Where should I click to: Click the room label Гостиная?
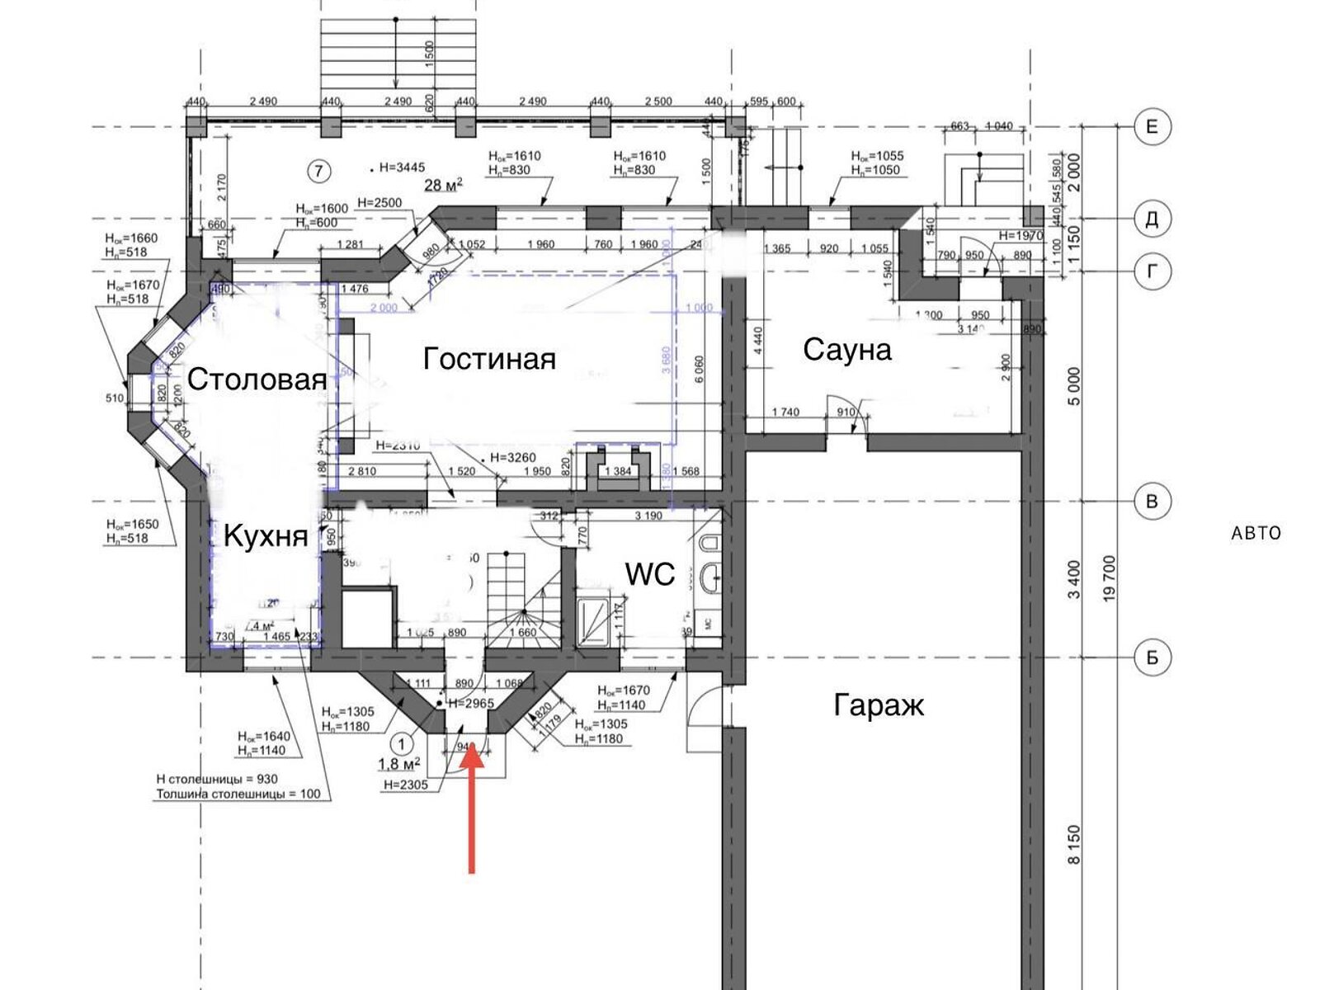coord(489,359)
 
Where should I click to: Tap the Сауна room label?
coord(847,350)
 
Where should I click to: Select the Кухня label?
coord(266,536)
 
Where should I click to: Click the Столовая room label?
coord(257,379)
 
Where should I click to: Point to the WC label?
coord(650,574)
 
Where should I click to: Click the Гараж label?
coord(879,705)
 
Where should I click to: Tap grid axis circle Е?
coord(1152,127)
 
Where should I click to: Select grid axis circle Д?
coord(1152,219)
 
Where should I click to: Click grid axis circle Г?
coord(1152,271)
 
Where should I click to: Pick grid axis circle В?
coord(1152,501)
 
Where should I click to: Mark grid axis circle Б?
coord(1152,658)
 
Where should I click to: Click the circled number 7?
coord(318,171)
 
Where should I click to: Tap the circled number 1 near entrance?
coord(402,742)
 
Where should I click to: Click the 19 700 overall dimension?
coord(1109,577)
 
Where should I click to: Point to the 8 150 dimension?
coord(1073,846)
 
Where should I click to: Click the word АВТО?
coord(1256,533)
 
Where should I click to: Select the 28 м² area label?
coord(443,185)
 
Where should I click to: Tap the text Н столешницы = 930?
coord(217,779)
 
